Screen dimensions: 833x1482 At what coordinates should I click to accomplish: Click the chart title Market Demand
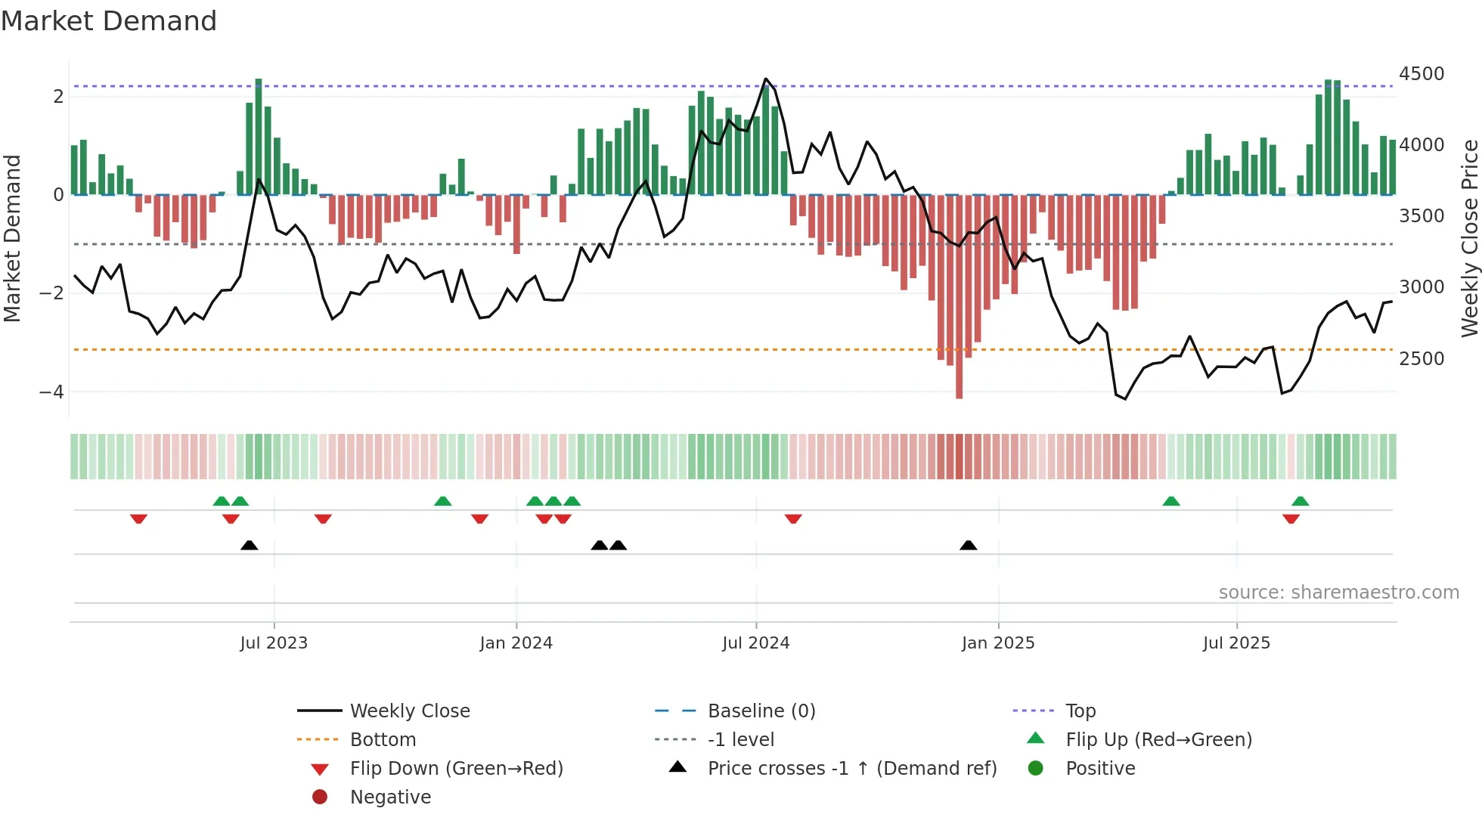(x=109, y=21)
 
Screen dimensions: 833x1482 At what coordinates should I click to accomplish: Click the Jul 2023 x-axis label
(x=274, y=643)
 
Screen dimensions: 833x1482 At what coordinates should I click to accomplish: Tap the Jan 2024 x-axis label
(x=516, y=643)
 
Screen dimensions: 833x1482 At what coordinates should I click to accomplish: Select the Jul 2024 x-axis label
(x=755, y=643)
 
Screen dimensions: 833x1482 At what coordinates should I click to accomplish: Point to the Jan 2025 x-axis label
(x=997, y=643)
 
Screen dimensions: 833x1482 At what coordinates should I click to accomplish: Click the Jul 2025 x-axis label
(x=1236, y=643)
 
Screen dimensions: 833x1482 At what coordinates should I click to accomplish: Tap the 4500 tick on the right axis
(x=1421, y=74)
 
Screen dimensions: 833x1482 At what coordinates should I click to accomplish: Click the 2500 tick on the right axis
(x=1421, y=359)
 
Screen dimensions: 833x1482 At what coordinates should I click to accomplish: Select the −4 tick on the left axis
(x=51, y=392)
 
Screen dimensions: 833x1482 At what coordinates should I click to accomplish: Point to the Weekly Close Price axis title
(x=1469, y=238)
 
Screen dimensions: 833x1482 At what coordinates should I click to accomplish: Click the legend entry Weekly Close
(x=409, y=711)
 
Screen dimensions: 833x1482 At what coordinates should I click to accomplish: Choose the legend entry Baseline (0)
(x=761, y=711)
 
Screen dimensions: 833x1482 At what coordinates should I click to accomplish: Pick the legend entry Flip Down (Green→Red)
(x=456, y=769)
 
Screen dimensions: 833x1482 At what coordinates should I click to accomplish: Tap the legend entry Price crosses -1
(x=851, y=769)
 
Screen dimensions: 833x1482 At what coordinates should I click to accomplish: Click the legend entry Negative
(x=390, y=797)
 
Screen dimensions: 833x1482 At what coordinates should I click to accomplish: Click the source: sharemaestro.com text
(x=1338, y=593)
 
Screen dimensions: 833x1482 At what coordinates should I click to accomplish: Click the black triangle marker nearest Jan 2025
(x=968, y=545)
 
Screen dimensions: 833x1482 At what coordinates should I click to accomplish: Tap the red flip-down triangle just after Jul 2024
(x=792, y=519)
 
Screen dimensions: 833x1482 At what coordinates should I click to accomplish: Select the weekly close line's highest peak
(x=765, y=79)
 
